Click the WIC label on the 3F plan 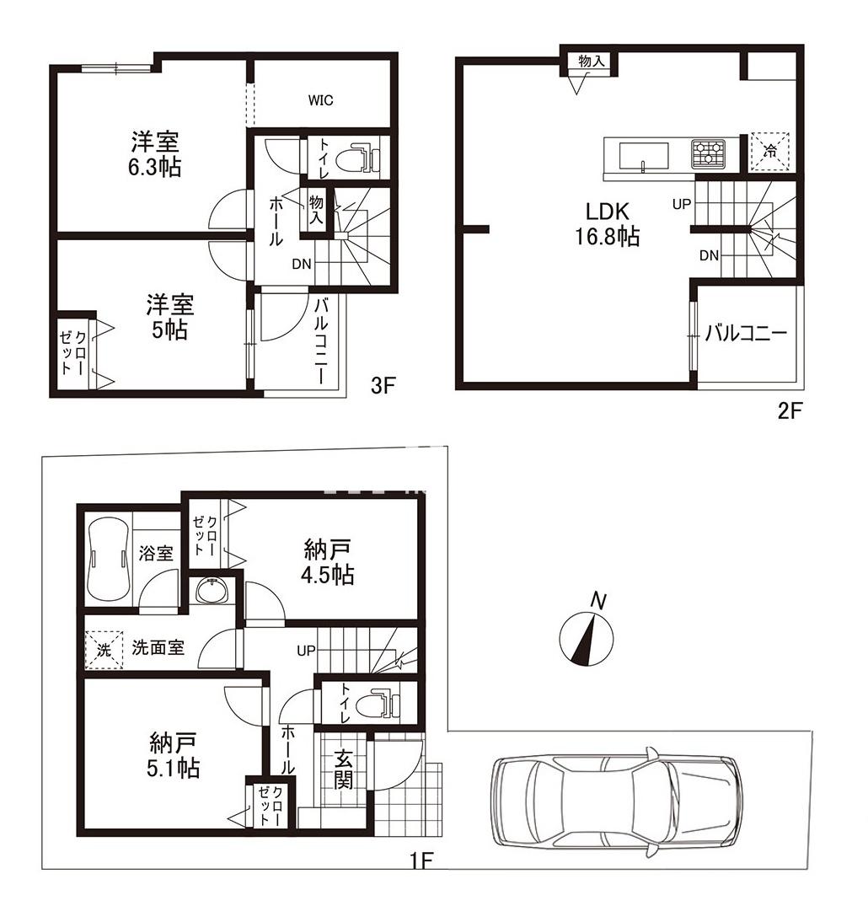(320, 100)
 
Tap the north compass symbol (586, 636)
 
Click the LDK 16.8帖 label (608, 224)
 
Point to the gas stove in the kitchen (708, 154)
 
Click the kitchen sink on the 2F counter (643, 157)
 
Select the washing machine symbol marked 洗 (104, 650)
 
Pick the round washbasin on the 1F (212, 590)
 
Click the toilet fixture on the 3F (358, 157)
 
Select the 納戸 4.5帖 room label (328, 562)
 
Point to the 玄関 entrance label (344, 769)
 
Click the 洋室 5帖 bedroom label (170, 317)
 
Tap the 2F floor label (790, 411)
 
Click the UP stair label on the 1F (306, 651)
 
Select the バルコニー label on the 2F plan (746, 335)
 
